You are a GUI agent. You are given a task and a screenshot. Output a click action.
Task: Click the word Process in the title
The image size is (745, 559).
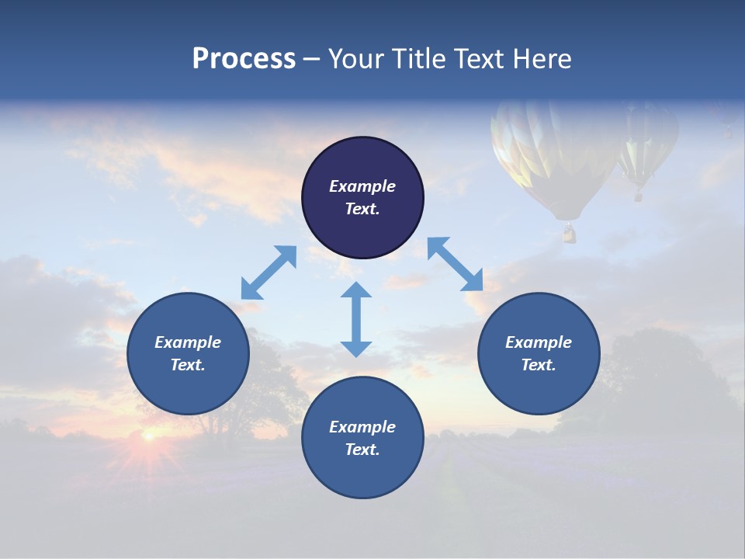(x=244, y=59)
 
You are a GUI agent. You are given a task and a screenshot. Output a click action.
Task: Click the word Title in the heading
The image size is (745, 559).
(x=422, y=59)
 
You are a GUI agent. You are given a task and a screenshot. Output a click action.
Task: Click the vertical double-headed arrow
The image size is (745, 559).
(x=356, y=319)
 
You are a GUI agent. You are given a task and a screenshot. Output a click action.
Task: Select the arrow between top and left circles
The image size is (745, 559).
(x=269, y=273)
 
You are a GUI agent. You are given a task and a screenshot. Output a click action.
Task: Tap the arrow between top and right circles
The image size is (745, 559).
(x=455, y=264)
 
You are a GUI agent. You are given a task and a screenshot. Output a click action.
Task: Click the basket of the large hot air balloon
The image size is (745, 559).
(x=569, y=233)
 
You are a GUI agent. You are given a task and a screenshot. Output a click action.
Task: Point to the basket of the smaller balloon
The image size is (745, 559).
(x=639, y=196)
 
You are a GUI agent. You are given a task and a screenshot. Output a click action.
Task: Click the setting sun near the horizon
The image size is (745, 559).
(x=147, y=436)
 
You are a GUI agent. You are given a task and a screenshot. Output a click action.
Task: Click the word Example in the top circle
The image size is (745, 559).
(x=362, y=186)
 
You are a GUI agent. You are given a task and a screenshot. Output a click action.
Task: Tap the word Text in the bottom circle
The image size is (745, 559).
(x=362, y=450)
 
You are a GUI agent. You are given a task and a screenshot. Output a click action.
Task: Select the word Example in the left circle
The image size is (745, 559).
(x=188, y=342)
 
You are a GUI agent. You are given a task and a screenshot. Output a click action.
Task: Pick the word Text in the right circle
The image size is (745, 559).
(x=539, y=365)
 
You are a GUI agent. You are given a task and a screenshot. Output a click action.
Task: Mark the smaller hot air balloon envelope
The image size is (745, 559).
(x=646, y=140)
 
